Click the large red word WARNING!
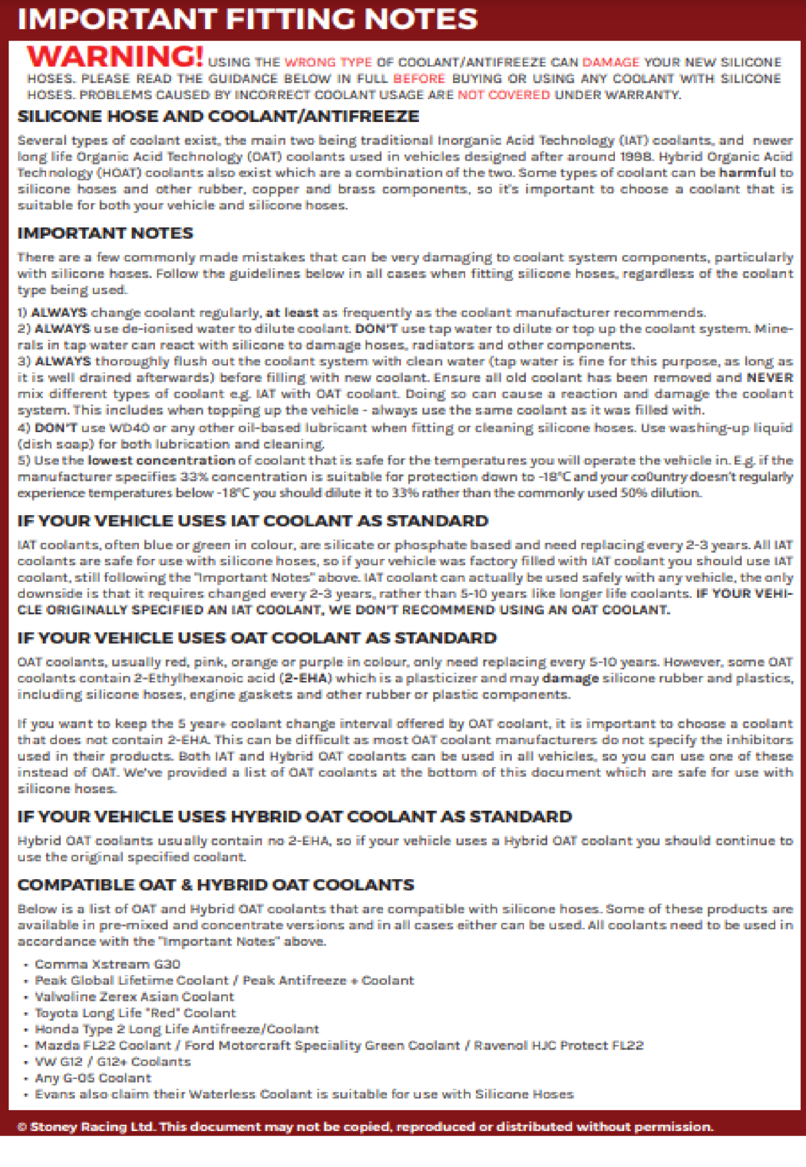(x=115, y=56)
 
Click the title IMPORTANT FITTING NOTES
(x=247, y=19)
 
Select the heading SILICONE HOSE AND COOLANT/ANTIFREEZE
(x=218, y=116)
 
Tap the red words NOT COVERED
(x=504, y=95)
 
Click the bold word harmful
(x=747, y=173)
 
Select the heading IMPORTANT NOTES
(x=105, y=233)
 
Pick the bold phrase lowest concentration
(x=161, y=460)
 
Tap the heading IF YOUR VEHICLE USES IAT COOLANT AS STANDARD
(x=253, y=521)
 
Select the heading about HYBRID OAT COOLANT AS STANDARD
(x=294, y=817)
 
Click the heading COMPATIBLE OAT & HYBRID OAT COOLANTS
(x=215, y=885)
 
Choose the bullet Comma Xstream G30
(x=108, y=964)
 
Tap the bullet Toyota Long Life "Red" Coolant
(x=135, y=1013)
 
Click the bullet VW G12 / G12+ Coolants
(x=113, y=1062)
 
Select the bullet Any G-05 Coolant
(x=93, y=1078)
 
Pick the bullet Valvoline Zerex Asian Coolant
(x=135, y=997)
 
